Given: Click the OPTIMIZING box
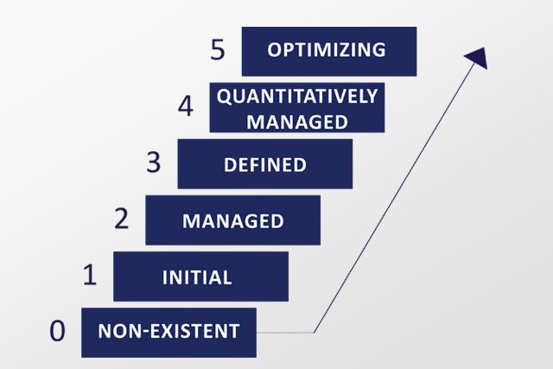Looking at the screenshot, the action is tap(329, 52).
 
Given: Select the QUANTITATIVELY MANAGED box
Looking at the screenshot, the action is tap(297, 108).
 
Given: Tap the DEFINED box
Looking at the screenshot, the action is tap(265, 164).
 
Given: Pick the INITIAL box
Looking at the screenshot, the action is tap(200, 277).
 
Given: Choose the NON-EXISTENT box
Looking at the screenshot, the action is tap(169, 333).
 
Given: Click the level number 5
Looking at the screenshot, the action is tap(217, 50).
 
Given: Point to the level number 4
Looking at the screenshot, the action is tap(186, 105).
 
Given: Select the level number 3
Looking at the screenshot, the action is tap(154, 162).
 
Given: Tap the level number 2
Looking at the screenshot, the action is tap(121, 219).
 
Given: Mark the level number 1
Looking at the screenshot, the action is tap(90, 275).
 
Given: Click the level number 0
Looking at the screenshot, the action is tap(57, 331).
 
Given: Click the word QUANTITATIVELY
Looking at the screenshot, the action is tap(297, 96).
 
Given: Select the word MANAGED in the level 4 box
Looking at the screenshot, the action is tap(297, 122).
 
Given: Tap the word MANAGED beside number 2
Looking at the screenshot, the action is tap(232, 221).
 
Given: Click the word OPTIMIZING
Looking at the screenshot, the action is tap(327, 50).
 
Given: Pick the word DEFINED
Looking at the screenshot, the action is tap(265, 165).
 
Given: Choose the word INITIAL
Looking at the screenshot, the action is tap(197, 277).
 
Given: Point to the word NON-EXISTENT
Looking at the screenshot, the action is tap(168, 331).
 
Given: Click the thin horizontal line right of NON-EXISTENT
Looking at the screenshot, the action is tap(285, 333).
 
